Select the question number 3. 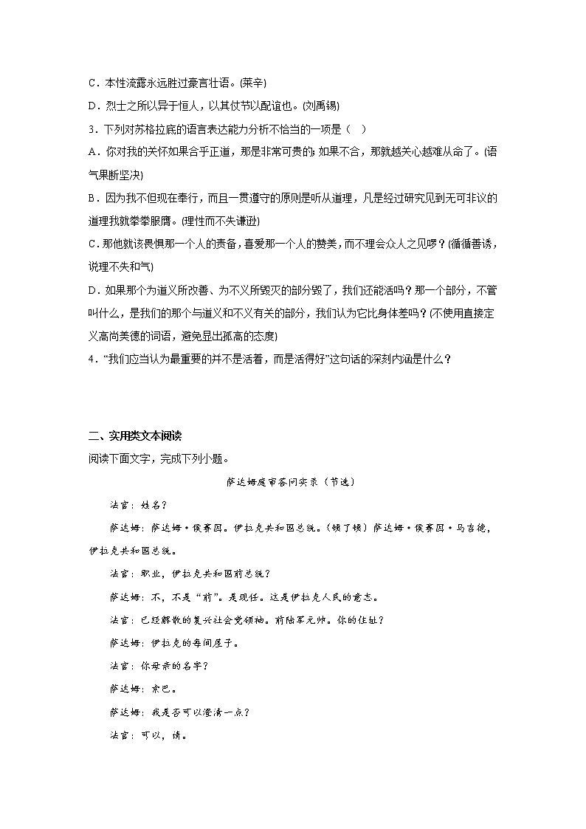(x=90, y=130)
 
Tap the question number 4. (x=90, y=360)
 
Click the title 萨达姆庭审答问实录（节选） (x=292, y=482)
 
